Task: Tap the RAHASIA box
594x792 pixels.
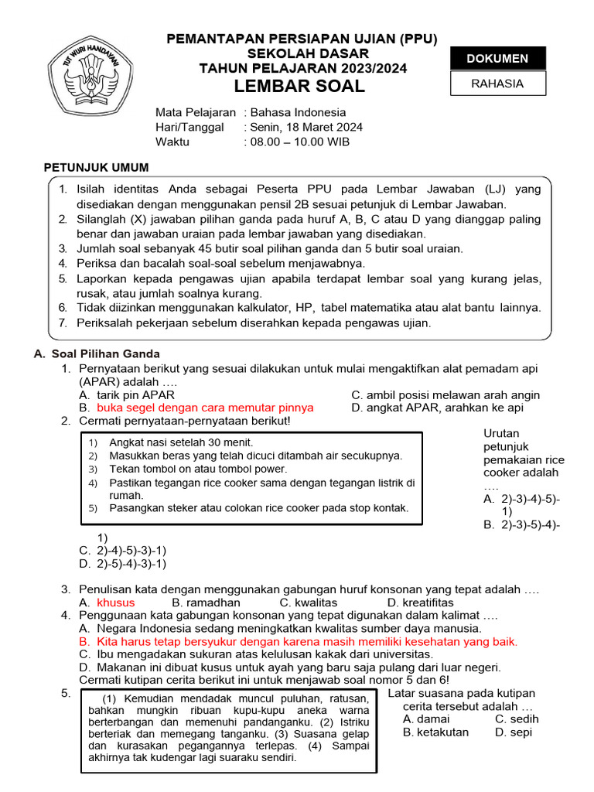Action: (498, 84)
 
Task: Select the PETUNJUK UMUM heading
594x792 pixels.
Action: (96, 167)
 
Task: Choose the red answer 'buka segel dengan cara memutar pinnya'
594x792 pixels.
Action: (205, 408)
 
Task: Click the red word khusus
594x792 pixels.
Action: (115, 603)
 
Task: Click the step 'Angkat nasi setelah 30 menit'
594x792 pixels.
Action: (181, 442)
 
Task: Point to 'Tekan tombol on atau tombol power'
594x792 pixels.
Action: (198, 469)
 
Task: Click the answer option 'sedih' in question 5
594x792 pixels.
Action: (524, 719)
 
